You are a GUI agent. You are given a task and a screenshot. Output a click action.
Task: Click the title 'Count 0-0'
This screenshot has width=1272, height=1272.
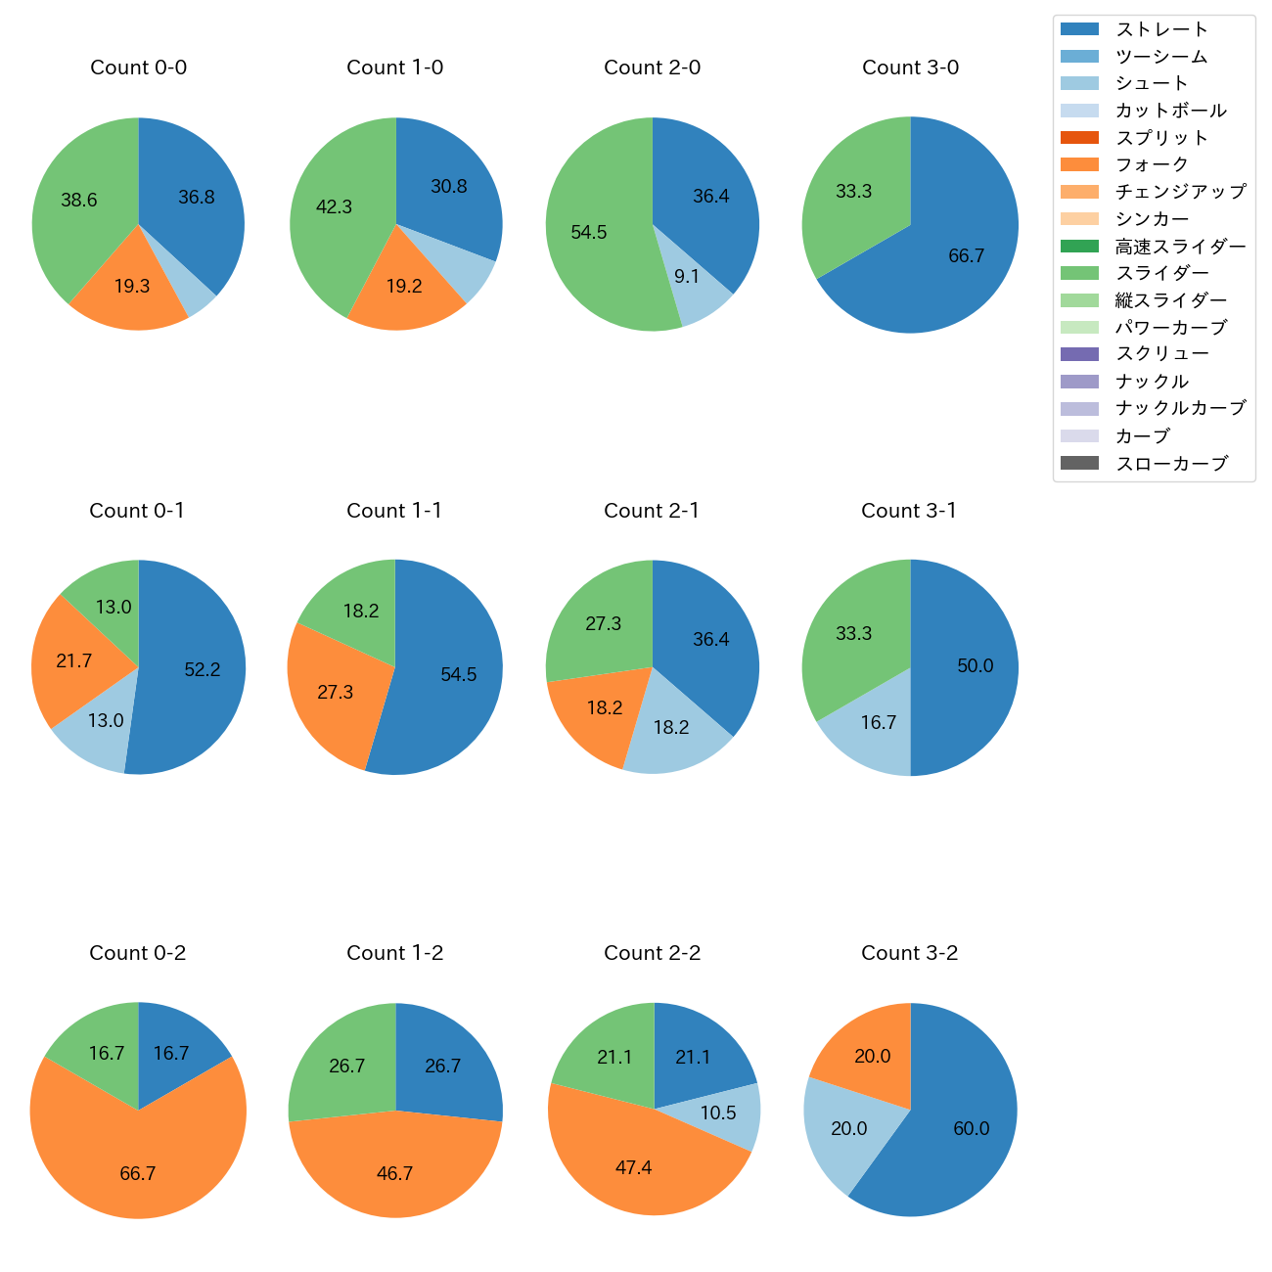click(138, 68)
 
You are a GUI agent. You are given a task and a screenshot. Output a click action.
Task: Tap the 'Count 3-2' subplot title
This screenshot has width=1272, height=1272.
click(909, 953)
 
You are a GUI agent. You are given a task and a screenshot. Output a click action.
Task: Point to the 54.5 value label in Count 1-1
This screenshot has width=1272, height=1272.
click(458, 675)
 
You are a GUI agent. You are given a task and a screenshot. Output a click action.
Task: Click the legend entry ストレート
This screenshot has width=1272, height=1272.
click(1161, 29)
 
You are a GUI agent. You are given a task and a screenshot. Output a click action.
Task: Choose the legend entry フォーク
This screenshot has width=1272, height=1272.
click(1152, 164)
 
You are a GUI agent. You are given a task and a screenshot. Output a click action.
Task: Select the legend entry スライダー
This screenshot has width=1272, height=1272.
click(1161, 273)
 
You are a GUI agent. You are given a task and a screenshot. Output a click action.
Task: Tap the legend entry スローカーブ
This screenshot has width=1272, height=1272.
click(1171, 464)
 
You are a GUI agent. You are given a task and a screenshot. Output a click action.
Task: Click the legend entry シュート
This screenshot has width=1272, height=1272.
click(1152, 83)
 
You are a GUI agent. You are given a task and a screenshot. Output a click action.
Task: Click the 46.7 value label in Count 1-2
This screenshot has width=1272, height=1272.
click(394, 1173)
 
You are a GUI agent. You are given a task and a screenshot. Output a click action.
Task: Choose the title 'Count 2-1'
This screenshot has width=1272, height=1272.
click(652, 511)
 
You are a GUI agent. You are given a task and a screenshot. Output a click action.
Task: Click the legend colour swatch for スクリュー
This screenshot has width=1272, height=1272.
click(1079, 354)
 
